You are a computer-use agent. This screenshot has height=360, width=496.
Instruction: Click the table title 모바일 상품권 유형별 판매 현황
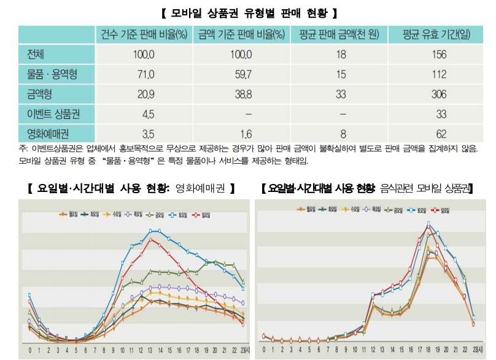pyautogui.click(x=247, y=12)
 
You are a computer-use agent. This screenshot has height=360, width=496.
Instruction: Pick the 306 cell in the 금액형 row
pyautogui.click(x=438, y=94)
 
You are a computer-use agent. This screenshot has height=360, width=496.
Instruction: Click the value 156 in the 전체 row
pyautogui.click(x=438, y=55)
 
